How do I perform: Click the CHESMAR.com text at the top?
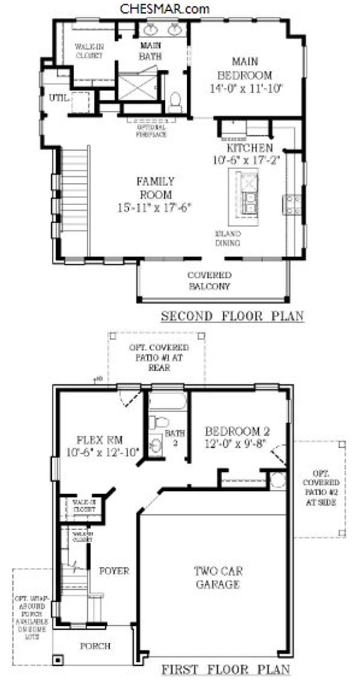click(165, 8)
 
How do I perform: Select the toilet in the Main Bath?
click(175, 102)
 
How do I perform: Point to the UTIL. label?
click(58, 98)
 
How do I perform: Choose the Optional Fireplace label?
click(151, 131)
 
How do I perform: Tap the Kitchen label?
click(249, 148)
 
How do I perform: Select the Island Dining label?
click(228, 238)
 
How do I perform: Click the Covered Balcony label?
click(209, 281)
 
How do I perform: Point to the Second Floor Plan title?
click(232, 316)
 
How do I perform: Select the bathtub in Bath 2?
click(167, 401)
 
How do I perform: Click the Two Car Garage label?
click(217, 577)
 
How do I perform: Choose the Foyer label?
click(114, 571)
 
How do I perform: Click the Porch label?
click(94, 646)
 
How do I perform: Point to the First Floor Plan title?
click(226, 670)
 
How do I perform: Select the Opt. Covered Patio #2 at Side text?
click(321, 488)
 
